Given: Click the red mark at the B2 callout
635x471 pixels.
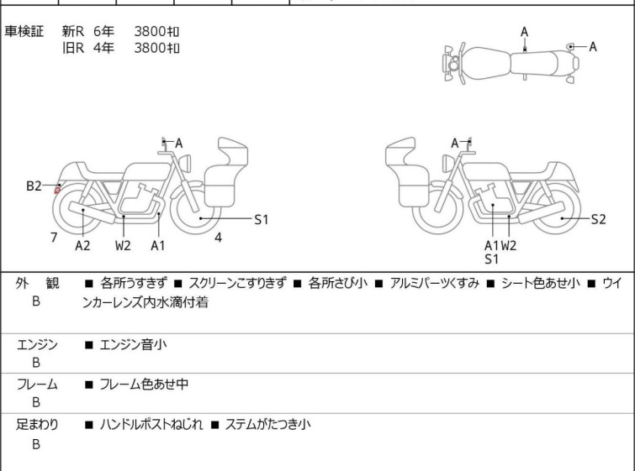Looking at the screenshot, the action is tap(57, 189).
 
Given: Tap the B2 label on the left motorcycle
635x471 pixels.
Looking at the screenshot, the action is tap(34, 186).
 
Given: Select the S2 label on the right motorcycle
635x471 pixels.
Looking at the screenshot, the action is tap(598, 219).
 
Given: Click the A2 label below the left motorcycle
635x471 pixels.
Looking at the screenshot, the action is tap(82, 245).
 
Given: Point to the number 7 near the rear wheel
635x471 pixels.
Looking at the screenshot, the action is tap(54, 238).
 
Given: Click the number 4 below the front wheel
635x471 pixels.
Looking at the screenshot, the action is tap(218, 238).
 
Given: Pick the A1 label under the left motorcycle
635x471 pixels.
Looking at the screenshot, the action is tap(158, 245).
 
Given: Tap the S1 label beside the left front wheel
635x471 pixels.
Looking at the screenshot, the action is tap(262, 219).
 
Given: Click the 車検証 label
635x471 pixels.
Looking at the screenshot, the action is tap(24, 31).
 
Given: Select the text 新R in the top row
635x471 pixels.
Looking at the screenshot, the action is tap(73, 31).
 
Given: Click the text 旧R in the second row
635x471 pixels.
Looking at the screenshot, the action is tap(73, 48).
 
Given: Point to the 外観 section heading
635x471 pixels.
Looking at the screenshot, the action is tap(37, 283).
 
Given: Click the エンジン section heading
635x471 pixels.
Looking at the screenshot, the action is tap(37, 344).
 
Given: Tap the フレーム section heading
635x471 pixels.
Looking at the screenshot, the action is tap(37, 384).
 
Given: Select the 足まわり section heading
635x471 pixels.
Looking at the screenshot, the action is tap(37, 424).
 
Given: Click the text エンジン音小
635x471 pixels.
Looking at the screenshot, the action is tap(133, 344).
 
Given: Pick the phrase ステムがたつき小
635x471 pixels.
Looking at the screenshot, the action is tap(267, 424).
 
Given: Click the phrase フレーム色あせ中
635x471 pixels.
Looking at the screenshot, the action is tap(144, 384).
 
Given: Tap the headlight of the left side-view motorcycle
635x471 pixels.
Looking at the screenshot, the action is tap(186, 163).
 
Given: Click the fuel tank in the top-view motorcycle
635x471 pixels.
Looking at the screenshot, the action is tap(485, 64).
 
